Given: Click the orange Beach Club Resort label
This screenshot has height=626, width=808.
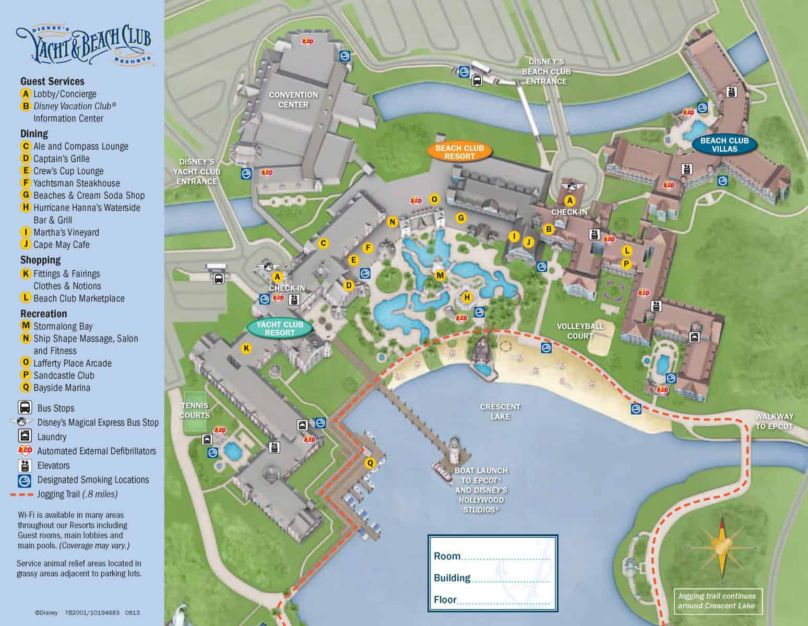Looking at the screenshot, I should tap(459, 152).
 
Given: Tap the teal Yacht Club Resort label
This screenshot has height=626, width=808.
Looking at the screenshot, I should tap(280, 328).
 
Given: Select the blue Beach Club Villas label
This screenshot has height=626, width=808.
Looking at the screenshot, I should tap(724, 145).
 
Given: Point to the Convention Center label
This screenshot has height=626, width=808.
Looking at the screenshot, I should tap(293, 100).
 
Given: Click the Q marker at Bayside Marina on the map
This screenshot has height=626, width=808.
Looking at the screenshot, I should tap(370, 463).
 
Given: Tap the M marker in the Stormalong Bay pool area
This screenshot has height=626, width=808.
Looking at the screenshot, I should tap(440, 275).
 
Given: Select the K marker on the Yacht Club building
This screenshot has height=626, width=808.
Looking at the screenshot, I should tap(246, 348).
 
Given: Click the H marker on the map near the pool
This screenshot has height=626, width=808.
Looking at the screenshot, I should tap(467, 297).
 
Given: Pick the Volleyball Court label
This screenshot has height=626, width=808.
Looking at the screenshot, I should tap(579, 331).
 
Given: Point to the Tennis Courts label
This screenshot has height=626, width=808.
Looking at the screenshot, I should tap(195, 410).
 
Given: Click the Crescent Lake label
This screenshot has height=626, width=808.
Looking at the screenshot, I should tap(500, 411).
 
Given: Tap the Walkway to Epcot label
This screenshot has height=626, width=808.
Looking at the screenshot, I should tap(774, 421).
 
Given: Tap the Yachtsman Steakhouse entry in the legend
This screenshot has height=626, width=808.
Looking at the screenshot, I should tap(76, 183).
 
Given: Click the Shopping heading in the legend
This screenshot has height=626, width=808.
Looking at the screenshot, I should tap(40, 260).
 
